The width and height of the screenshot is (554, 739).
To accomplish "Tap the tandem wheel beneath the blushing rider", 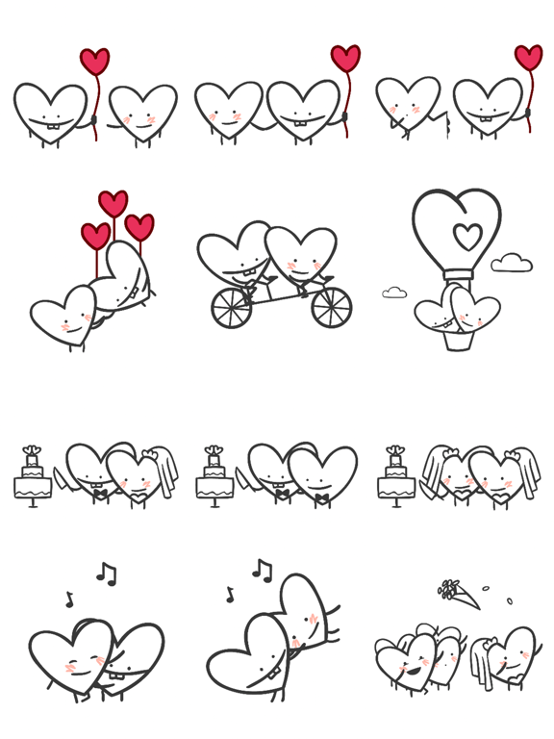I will (331, 307).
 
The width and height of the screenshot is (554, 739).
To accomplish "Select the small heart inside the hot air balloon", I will (467, 236).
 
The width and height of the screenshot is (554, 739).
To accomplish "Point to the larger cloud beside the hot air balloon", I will (512, 263).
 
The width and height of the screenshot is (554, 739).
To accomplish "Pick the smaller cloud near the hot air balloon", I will (394, 293).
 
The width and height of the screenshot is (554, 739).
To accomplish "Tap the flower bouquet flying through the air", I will (460, 594).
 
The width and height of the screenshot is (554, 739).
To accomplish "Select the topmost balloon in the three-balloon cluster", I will (113, 203).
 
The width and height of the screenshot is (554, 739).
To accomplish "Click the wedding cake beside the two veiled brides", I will (395, 475).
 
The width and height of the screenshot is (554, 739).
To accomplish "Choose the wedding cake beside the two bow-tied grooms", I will (214, 475).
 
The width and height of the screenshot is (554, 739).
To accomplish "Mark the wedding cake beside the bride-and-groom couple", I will (33, 475).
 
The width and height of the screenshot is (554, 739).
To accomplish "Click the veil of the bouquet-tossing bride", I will (480, 664).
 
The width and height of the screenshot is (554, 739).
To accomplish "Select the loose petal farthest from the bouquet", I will (510, 601).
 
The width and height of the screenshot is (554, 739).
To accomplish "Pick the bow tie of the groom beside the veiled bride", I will (99, 495).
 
